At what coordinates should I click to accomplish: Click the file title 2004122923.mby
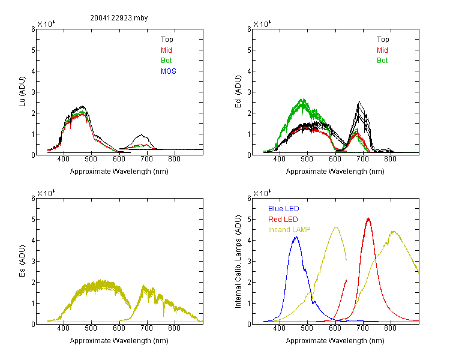pyautogui.click(x=119, y=18)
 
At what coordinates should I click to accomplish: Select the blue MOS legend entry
pyautogui.click(x=169, y=71)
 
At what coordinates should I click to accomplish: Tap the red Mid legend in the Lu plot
pyautogui.click(x=166, y=50)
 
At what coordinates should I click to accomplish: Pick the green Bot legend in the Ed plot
pyautogui.click(x=382, y=61)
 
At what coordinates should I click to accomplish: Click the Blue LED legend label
pyautogui.click(x=284, y=209)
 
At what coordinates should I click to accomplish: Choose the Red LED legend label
pyautogui.click(x=283, y=220)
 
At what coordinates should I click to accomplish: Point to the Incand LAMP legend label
pyautogui.click(x=289, y=230)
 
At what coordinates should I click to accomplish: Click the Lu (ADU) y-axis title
pyautogui.click(x=22, y=92)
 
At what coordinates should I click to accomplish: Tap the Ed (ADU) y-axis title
pyautogui.click(x=238, y=92)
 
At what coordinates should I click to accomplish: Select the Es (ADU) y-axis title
pyautogui.click(x=22, y=261)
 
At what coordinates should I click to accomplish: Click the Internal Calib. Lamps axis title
pyautogui.click(x=238, y=262)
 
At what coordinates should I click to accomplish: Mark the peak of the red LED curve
pyautogui.click(x=368, y=218)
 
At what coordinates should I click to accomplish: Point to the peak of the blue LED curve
pyautogui.click(x=296, y=237)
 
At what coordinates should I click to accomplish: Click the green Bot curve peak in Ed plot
pyautogui.click(x=302, y=100)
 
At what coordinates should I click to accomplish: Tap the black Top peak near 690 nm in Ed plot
pyautogui.click(x=359, y=102)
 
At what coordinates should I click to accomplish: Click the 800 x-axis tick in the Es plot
pyautogui.click(x=174, y=328)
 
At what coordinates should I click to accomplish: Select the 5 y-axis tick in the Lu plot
pyautogui.click(x=33, y=50)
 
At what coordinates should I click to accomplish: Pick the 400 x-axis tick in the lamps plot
pyautogui.click(x=279, y=328)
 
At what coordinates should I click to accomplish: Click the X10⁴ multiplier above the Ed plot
pyautogui.click(x=262, y=24)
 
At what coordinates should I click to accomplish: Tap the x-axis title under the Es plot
pyautogui.click(x=119, y=341)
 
